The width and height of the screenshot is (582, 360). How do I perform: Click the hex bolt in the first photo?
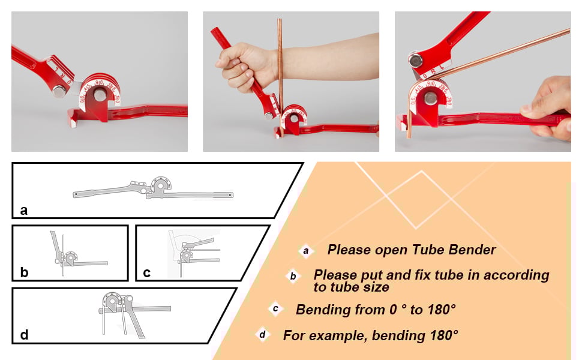point(59,91)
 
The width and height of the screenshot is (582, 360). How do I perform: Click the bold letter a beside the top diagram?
point(23,210)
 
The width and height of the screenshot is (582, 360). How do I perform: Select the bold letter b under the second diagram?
point(23,272)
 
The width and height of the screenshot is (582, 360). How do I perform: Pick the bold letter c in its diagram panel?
point(147,272)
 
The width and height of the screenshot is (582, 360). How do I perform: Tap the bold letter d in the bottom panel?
point(24,334)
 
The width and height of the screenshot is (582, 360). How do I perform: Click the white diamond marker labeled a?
point(306,251)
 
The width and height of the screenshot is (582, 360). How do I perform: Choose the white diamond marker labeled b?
point(293,277)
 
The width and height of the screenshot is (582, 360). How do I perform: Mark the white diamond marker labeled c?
point(275,310)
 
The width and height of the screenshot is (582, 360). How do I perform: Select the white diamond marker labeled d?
point(262,334)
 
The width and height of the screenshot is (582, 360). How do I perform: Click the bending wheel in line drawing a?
point(160,185)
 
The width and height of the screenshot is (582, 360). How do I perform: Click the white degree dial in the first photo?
point(99,90)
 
